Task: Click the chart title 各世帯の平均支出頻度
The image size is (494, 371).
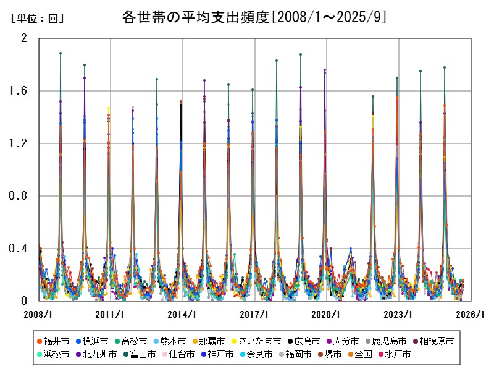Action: point(254,17)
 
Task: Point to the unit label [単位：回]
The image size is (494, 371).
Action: point(37,19)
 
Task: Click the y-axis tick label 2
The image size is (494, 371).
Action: point(25,38)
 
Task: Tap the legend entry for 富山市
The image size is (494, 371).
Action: point(137,354)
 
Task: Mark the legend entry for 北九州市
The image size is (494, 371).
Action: point(95,354)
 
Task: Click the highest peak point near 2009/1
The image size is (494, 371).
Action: point(61,53)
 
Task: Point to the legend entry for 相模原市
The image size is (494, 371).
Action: point(436,341)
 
